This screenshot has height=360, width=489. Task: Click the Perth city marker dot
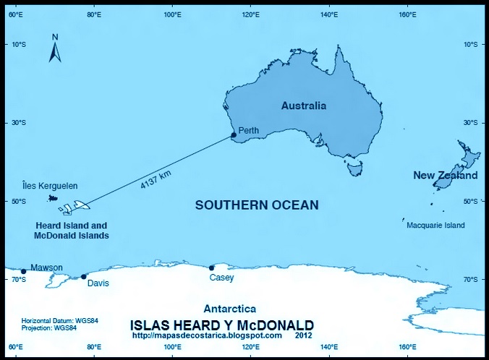pos(234,135)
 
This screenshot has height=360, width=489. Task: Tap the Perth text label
pos(249,131)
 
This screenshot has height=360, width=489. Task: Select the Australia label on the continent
pos(303,106)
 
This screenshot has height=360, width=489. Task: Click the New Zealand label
pos(445,176)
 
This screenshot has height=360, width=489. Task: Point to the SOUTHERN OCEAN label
pos(257,205)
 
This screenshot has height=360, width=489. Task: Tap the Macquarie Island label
pos(435,226)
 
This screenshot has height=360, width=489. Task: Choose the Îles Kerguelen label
pos(48,186)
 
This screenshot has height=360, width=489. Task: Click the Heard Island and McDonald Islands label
pos(72,230)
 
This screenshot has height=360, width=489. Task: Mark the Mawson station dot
pos(23,271)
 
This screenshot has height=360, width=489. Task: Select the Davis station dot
pos(83,276)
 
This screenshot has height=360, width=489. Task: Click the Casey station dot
pos(211,267)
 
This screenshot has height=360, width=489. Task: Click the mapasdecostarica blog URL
pos(207,335)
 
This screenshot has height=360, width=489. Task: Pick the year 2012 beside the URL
pos(305,335)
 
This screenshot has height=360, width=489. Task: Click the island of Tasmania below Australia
pos(354,168)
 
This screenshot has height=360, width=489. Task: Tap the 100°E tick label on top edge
pos(172,14)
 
